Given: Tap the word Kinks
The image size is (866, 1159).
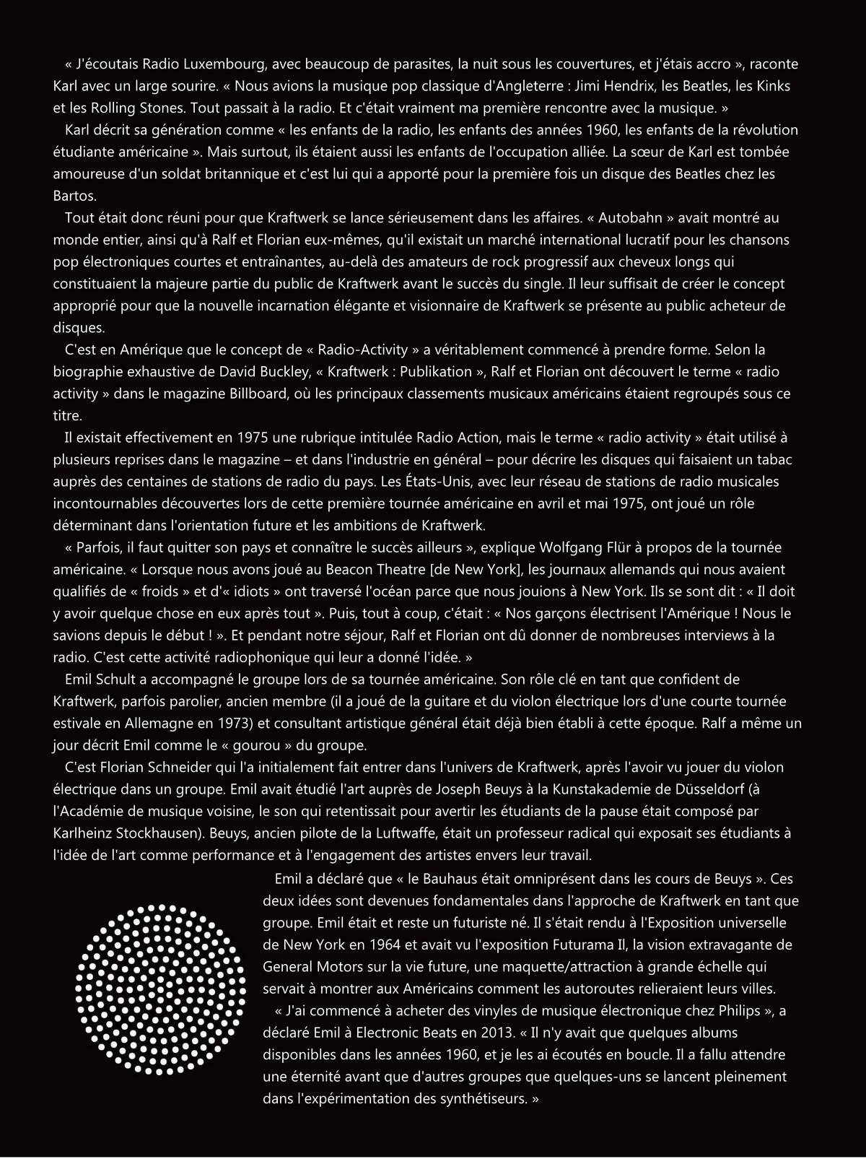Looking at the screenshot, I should pos(773,87).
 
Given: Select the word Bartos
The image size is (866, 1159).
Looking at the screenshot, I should pos(73,196).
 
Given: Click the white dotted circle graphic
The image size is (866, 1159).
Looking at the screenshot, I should pos(157,986).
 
